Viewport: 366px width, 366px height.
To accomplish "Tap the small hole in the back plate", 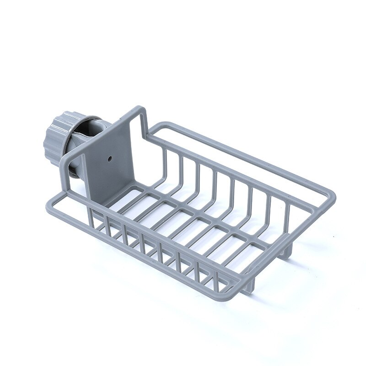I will (x=110, y=159).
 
